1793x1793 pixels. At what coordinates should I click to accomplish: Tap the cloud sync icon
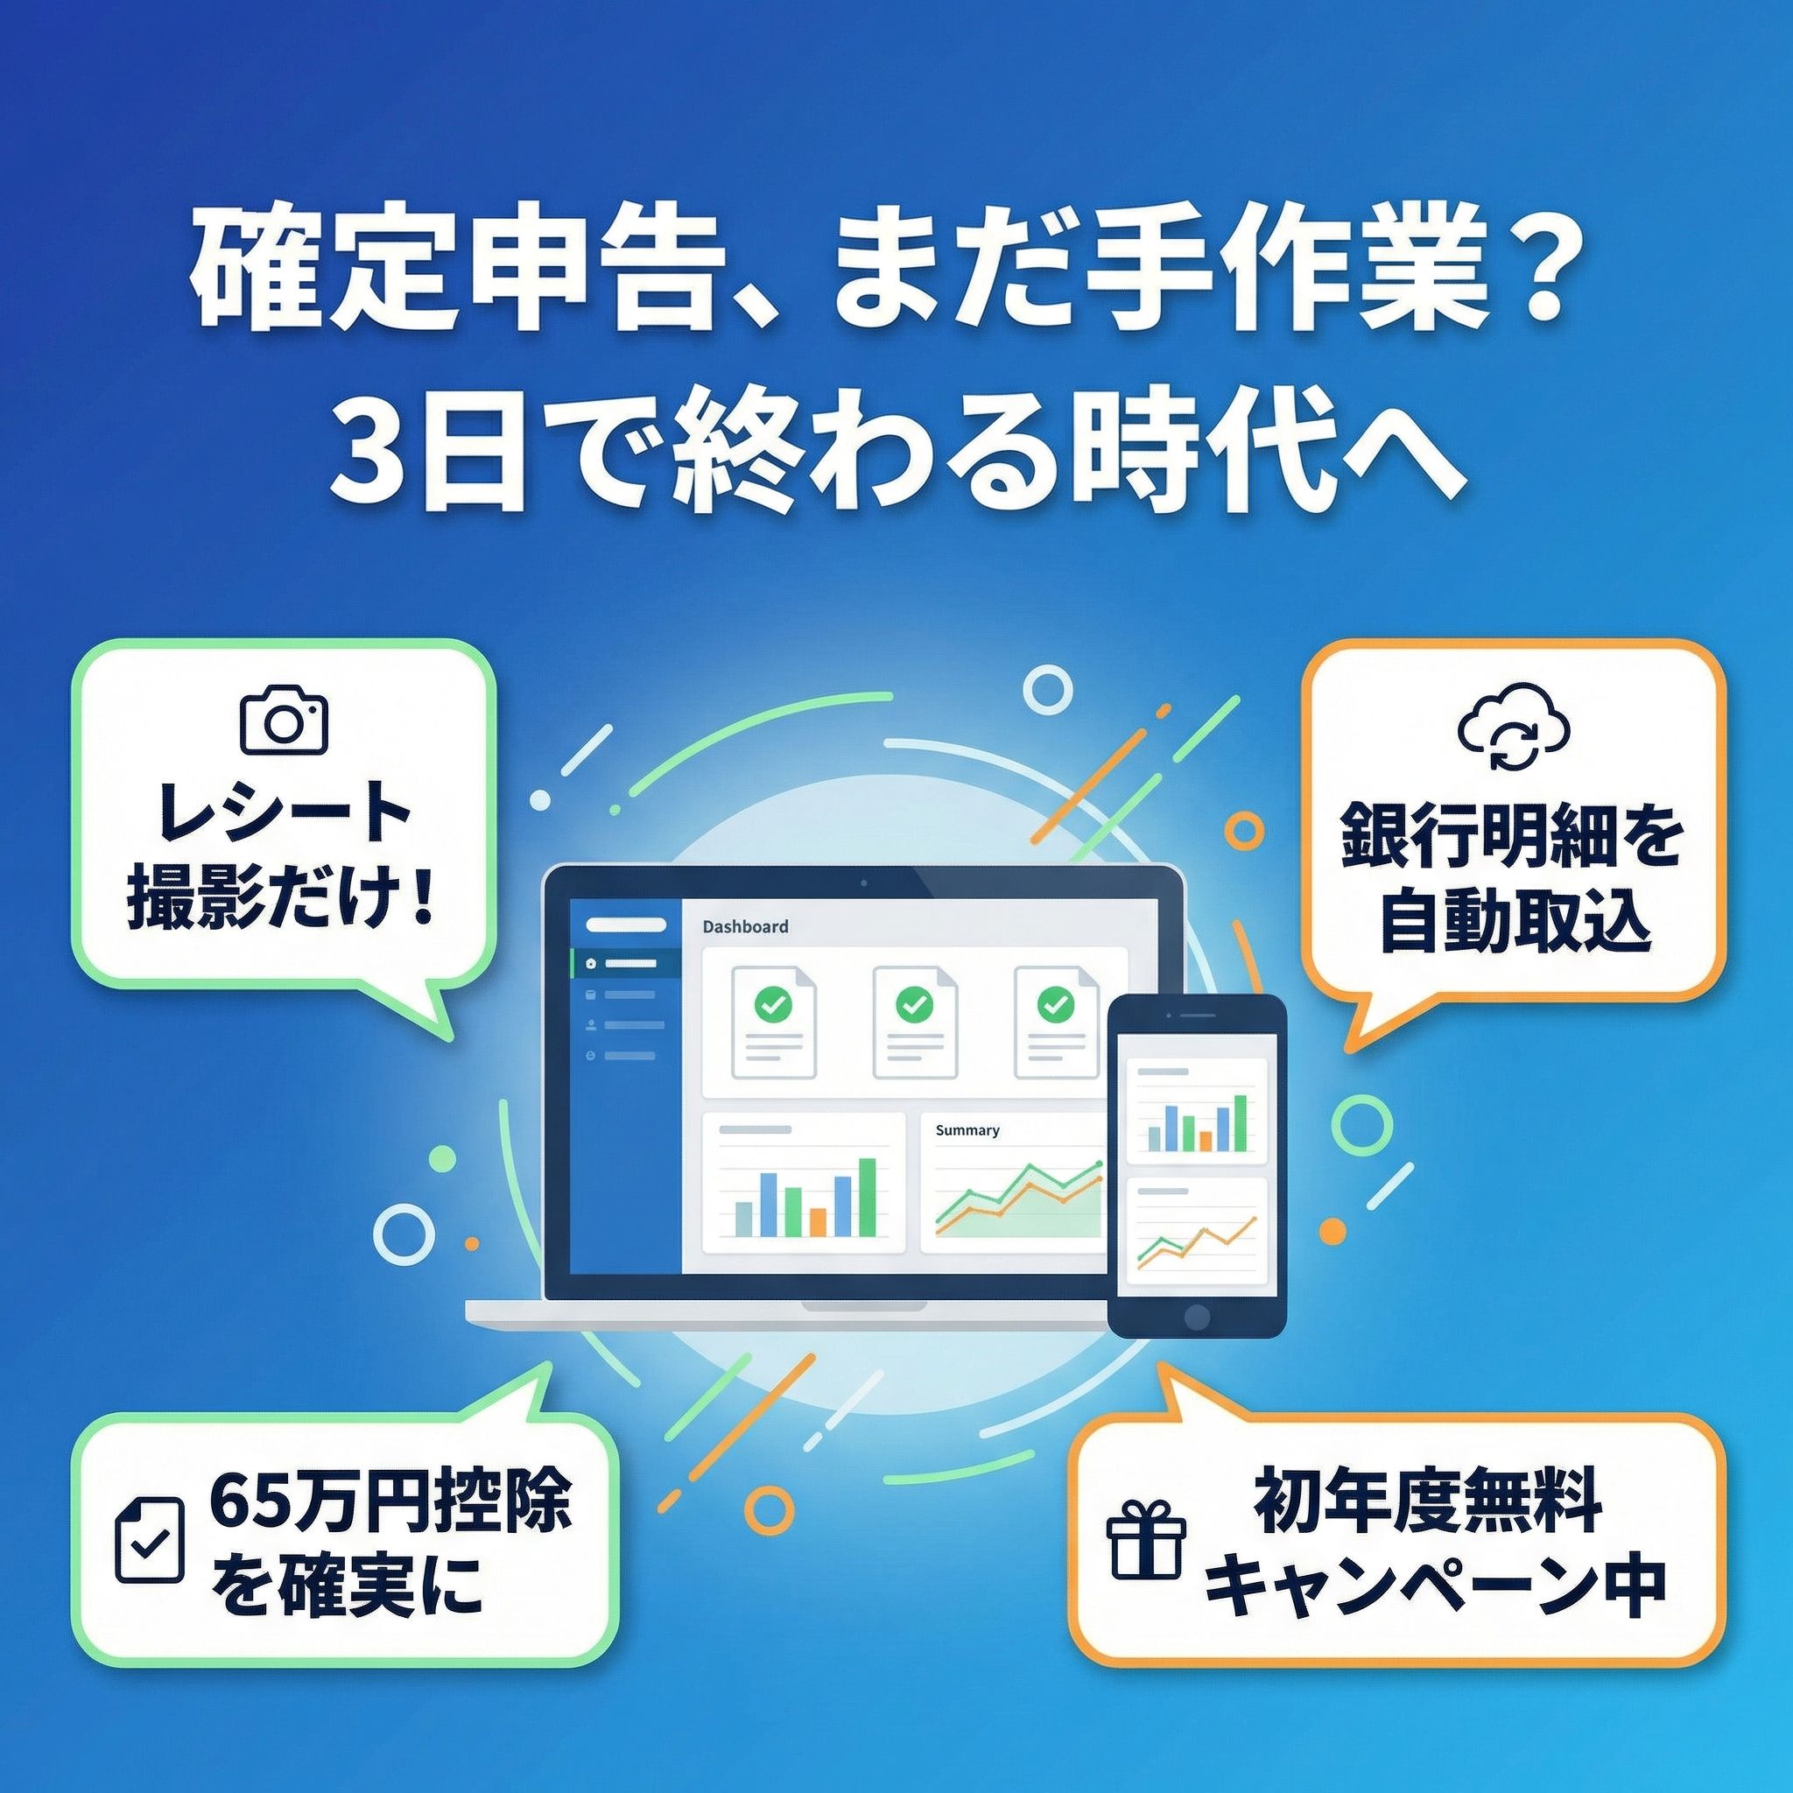(x=1514, y=732)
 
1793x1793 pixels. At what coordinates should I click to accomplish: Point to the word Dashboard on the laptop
(x=745, y=926)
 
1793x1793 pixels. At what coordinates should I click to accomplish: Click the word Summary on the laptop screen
(x=967, y=1130)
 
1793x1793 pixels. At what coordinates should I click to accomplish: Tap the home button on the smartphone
(x=1197, y=1316)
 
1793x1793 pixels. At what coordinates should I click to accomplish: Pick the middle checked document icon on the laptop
(x=914, y=1022)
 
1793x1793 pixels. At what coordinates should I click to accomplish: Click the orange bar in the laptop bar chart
(x=818, y=1221)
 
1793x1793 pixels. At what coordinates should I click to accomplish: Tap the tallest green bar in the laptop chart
(x=868, y=1197)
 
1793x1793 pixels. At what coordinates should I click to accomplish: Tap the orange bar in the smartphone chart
(x=1205, y=1141)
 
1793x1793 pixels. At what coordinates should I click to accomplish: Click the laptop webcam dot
(x=863, y=880)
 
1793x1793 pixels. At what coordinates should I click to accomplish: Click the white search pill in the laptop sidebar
(x=627, y=925)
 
